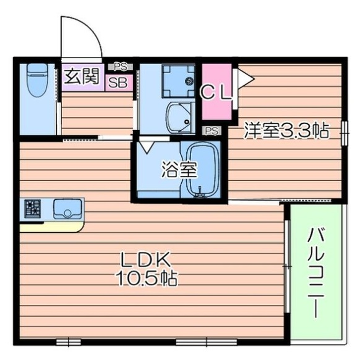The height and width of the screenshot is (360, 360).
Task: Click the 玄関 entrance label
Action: pos(82,75)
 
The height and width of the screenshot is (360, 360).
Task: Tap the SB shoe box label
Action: pos(118,82)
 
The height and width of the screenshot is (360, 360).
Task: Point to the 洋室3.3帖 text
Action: pos(288,129)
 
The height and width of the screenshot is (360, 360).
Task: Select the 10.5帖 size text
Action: pos(145,278)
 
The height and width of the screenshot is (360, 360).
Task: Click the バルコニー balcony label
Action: pos(315,272)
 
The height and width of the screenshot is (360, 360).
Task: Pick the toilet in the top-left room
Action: pos(37,79)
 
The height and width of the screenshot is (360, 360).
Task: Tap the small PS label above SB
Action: pos(118,66)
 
